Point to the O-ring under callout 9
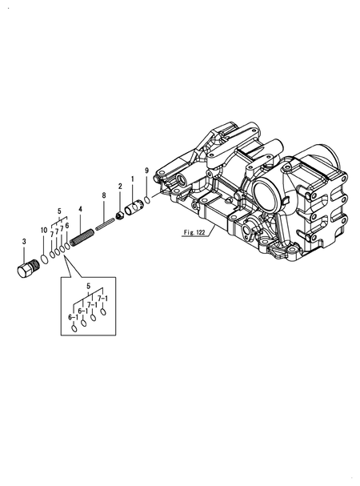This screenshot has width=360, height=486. coord(149,198)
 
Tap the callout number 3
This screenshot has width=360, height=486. coord(25,241)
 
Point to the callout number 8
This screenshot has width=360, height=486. coord(103,195)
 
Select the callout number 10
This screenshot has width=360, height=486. coord(44,231)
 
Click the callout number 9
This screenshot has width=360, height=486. coord(146,171)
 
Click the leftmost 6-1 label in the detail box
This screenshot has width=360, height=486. coord(74,317)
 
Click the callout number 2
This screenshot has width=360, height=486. coord(119,186)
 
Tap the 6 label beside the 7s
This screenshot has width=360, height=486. coord(67,226)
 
